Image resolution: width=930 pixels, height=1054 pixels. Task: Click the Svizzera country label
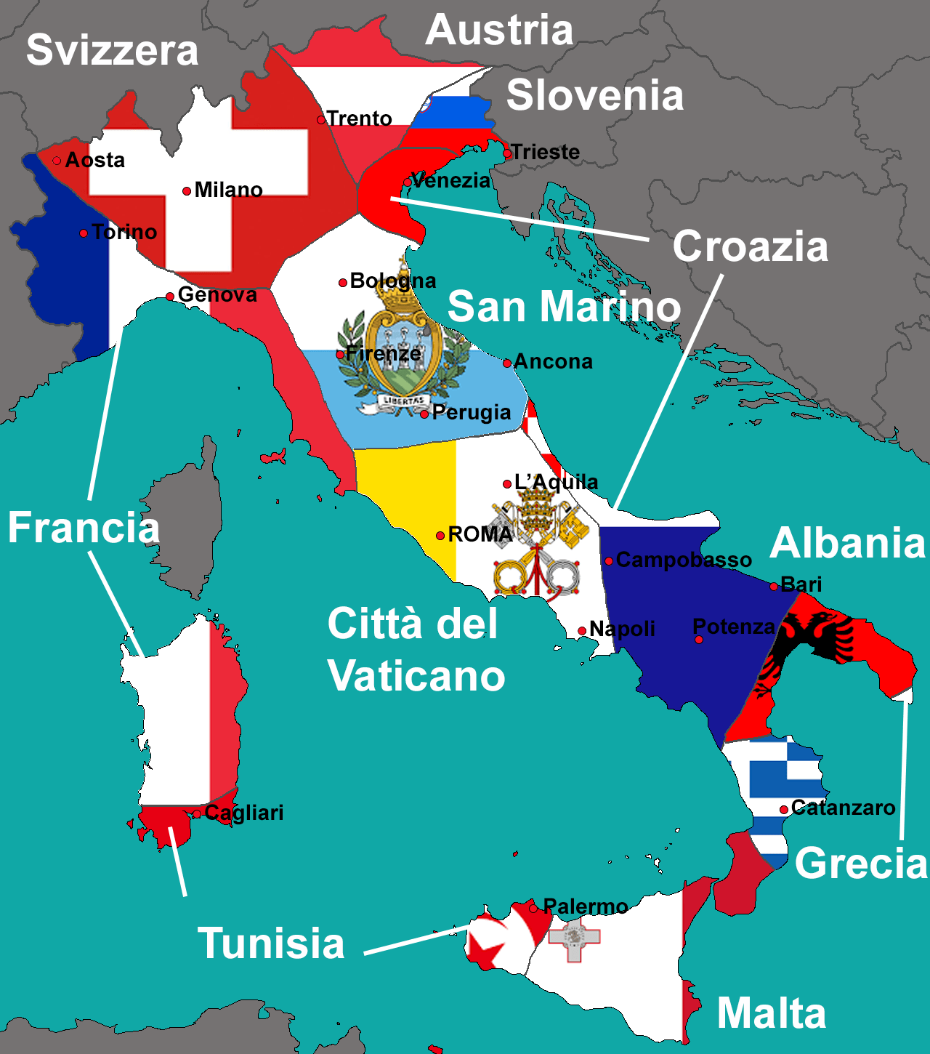(112, 50)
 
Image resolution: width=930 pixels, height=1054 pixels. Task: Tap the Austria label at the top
(499, 31)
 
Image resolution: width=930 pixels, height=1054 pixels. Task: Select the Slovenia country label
(595, 95)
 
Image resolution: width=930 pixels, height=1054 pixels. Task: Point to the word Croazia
(750, 246)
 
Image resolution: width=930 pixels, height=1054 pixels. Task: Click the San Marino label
(564, 306)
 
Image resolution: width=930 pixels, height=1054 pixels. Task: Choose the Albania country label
(847, 543)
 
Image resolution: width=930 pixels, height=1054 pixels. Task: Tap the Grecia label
(861, 863)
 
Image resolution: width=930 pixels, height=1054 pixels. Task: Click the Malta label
(772, 1013)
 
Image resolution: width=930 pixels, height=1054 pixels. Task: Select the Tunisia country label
(271, 943)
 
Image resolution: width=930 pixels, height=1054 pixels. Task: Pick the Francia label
(84, 527)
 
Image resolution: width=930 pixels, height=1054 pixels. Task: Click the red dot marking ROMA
(440, 536)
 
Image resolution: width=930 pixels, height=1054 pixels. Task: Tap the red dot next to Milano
(187, 191)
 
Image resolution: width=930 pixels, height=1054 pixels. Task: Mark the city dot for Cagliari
(197, 814)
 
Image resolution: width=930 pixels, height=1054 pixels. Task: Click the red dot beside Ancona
(507, 363)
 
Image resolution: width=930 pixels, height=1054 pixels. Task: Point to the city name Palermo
(585, 906)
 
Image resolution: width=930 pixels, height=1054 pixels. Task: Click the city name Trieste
(545, 152)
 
